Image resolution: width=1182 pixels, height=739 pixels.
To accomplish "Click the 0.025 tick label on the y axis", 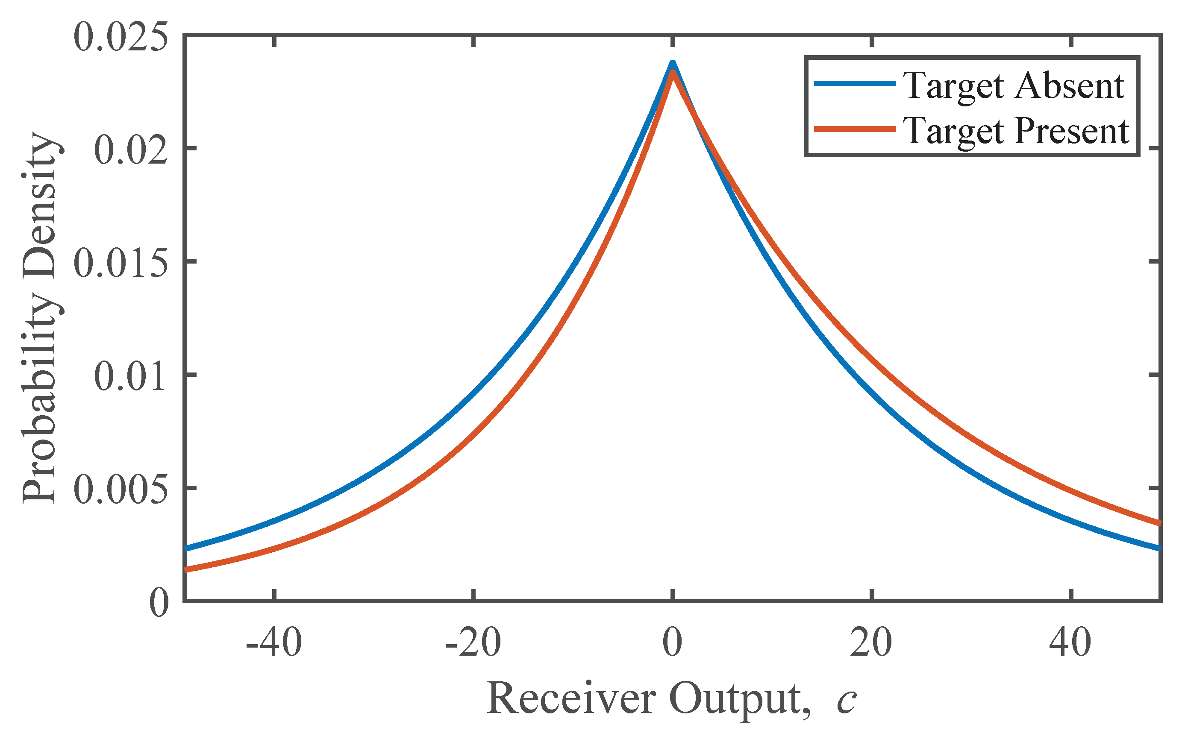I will tap(120, 38).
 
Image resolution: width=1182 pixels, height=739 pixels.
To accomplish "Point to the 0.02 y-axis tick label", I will tap(130, 150).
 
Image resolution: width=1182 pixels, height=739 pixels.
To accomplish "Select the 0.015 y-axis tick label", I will tap(120, 264).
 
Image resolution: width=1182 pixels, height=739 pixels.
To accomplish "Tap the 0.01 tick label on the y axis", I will tap(130, 376).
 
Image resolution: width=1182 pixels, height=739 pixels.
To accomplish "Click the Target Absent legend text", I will tap(1013, 85).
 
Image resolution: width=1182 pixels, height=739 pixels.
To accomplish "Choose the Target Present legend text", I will tap(1016, 131).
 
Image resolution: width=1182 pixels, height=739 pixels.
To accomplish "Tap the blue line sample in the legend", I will tap(855, 84).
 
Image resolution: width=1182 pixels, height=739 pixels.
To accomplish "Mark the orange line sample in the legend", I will tap(855, 129).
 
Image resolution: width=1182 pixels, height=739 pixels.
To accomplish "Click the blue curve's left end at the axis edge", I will tap(186, 548).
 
